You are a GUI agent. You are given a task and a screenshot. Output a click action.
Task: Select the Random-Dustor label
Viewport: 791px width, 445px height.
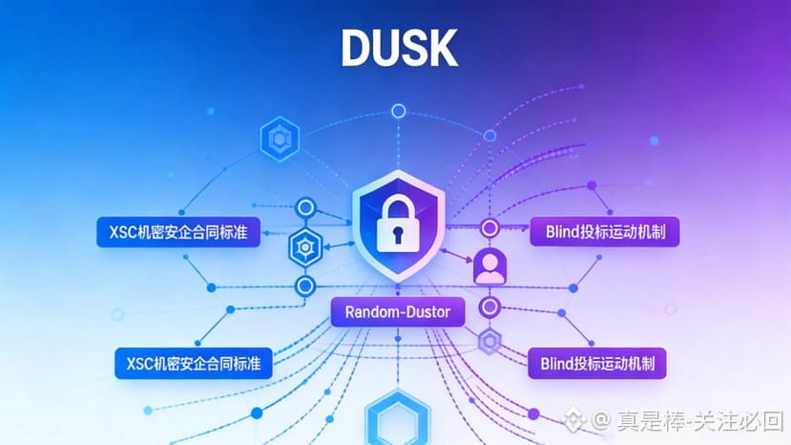(x=397, y=312)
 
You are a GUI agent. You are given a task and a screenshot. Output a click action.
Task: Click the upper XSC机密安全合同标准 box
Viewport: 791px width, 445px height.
(x=178, y=232)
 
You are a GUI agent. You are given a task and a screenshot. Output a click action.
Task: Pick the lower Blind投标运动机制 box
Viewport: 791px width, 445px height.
(x=597, y=363)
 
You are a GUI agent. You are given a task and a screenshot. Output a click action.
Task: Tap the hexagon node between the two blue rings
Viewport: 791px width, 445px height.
(x=305, y=247)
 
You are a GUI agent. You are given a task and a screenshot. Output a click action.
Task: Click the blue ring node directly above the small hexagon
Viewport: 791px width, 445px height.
(x=305, y=207)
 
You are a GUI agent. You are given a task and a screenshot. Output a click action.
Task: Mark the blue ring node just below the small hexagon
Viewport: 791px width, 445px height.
(x=305, y=286)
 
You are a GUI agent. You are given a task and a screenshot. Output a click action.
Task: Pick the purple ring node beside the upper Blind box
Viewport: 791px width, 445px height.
(x=489, y=228)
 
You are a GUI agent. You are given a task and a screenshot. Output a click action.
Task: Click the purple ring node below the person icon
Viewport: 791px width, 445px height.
(x=489, y=307)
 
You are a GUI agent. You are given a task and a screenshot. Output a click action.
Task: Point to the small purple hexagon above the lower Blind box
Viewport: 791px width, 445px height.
(x=489, y=341)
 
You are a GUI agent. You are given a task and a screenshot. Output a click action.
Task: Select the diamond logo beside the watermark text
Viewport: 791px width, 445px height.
(x=575, y=420)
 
